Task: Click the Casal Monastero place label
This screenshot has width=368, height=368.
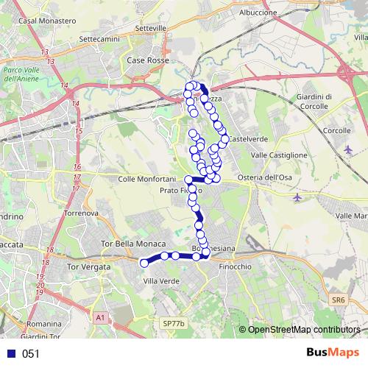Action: pyautogui.click(x=49, y=21)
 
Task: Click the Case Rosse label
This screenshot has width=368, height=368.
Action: pyautogui.click(x=148, y=60)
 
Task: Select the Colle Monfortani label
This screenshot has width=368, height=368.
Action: pyautogui.click(x=146, y=179)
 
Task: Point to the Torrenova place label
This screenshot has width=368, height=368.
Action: pyautogui.click(x=81, y=213)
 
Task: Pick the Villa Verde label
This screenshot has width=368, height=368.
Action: pyautogui.click(x=160, y=281)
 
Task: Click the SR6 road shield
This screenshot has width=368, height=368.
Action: pyautogui.click(x=338, y=300)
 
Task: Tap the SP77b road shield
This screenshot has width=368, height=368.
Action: pyautogui.click(x=174, y=322)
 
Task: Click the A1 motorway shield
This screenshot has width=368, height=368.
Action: pyautogui.click(x=101, y=317)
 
